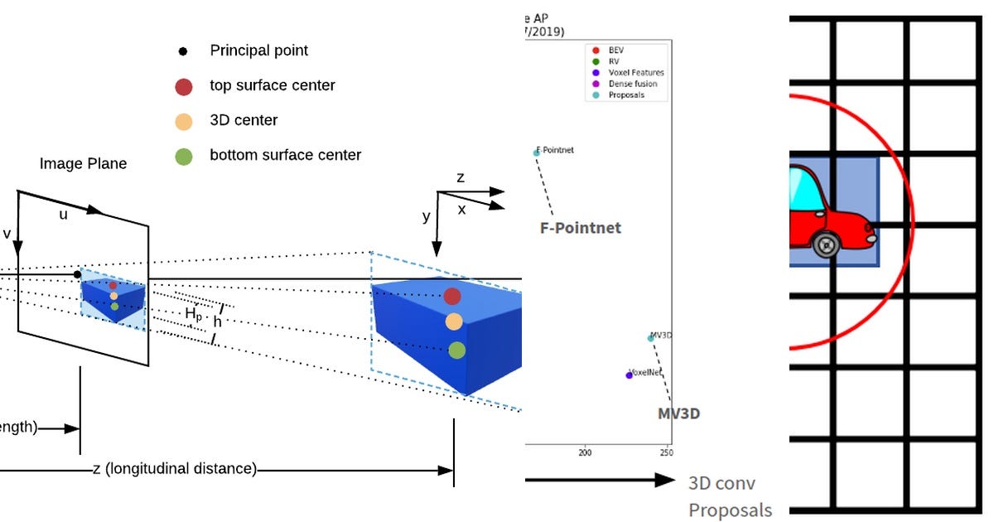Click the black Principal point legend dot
tap(183, 51)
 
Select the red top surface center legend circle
tap(184, 86)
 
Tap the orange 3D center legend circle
tap(184, 121)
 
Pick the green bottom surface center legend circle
tap(184, 156)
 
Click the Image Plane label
tap(83, 164)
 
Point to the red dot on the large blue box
tap(451, 296)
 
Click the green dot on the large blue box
tap(456, 350)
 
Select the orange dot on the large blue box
tap(453, 321)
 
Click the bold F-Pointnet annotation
tap(580, 228)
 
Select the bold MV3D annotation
tap(678, 413)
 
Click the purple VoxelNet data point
tap(629, 375)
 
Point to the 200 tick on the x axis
tap(586, 453)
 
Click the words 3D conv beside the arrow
tap(721, 483)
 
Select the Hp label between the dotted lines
tap(193, 314)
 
